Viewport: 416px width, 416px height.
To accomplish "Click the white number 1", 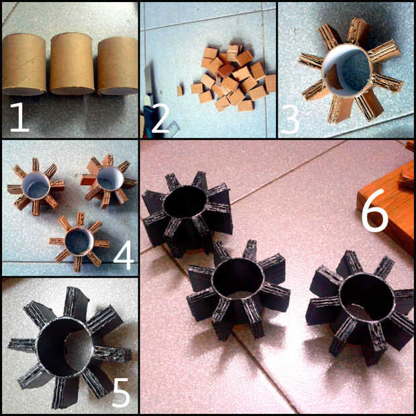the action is pos(20,117).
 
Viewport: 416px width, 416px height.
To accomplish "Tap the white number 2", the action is pos(160,118).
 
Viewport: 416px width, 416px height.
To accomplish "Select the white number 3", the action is pos(291,119).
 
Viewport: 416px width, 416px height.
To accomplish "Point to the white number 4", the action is pos(123,255).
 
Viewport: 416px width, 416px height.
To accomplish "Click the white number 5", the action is pos(121,393).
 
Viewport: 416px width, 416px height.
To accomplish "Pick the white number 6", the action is pos(375,210).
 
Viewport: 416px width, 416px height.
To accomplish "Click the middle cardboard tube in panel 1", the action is pos(72,64).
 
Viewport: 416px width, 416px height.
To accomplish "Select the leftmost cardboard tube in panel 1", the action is pos(24,64).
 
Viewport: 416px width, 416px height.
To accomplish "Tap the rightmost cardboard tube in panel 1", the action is pos(117,66).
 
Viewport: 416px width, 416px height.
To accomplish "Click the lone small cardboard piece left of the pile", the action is pos(180,91).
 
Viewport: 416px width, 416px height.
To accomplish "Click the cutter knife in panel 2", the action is pos(148,101).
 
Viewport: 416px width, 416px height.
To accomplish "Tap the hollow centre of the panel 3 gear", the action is pos(346,71).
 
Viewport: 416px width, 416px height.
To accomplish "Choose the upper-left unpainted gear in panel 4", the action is pos(36,187).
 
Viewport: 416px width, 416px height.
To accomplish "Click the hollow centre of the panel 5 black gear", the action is pos(65,347).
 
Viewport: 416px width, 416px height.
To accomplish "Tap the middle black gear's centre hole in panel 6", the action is pos(238,278).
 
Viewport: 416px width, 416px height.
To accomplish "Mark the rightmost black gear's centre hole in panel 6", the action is pos(367,297).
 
